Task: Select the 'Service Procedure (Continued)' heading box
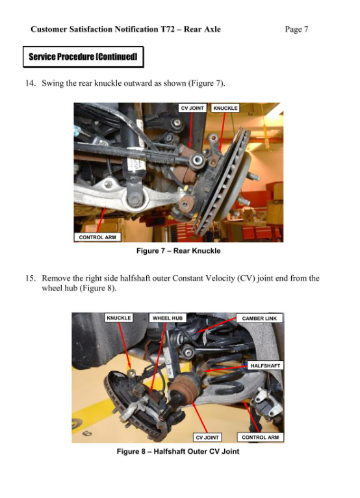[83, 57]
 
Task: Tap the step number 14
[30, 83]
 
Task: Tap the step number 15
[30, 278]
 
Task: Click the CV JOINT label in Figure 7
[192, 108]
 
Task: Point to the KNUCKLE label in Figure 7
[225, 108]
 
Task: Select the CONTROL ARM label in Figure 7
[97, 237]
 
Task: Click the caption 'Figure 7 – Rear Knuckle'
[178, 251]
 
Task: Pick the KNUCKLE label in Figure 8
[119, 318]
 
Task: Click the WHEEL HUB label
[168, 318]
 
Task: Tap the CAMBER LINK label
[259, 319]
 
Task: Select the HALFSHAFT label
[265, 365]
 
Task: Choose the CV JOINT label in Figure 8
[207, 438]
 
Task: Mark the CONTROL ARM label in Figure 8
[260, 438]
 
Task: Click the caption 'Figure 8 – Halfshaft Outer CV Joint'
[177, 451]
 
